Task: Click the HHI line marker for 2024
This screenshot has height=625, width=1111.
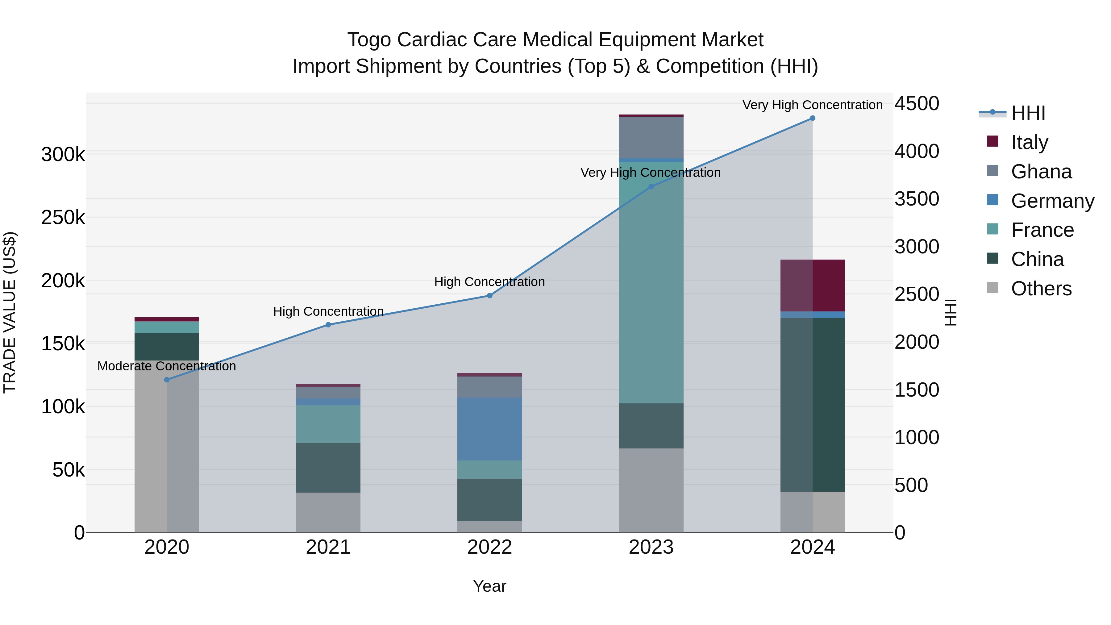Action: pos(812,118)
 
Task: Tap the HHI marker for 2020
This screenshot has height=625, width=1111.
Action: pos(167,380)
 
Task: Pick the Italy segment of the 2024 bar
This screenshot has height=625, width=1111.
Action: pos(812,285)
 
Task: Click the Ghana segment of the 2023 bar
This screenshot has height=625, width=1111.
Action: pos(651,137)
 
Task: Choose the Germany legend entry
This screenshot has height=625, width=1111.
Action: pos(1052,201)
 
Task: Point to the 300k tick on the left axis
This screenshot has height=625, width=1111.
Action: pos(63,154)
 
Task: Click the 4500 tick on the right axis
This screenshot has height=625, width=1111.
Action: pos(917,103)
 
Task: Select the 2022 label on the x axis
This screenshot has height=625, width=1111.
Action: pos(489,547)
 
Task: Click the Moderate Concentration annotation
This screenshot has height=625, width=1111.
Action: pos(167,366)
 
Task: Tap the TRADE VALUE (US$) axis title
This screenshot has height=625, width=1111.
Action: pos(10,312)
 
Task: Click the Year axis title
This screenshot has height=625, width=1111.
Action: pos(489,586)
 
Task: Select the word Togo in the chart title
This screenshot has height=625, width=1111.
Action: pos(369,40)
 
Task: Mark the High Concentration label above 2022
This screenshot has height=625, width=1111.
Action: pos(489,282)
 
